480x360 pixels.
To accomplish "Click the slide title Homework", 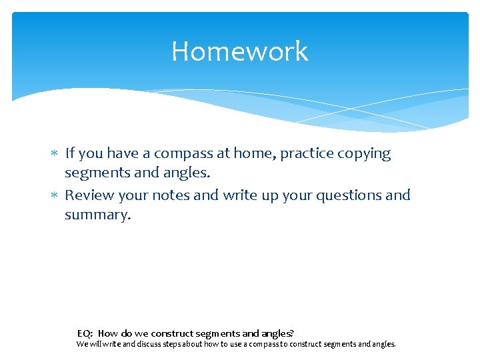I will [x=239, y=51].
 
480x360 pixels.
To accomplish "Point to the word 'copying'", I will [x=365, y=154].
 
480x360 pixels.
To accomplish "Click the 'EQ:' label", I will [x=85, y=333].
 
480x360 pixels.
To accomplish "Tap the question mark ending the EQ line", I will [x=292, y=333].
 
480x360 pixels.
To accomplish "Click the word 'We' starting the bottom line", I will [x=81, y=345].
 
